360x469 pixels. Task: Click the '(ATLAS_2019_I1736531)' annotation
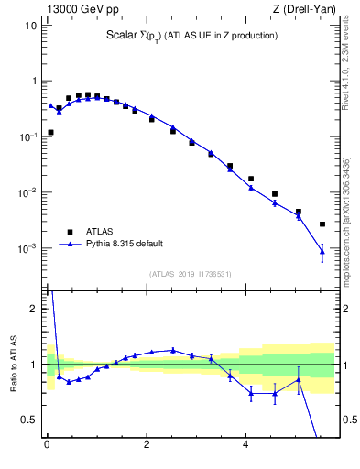[x=190, y=274]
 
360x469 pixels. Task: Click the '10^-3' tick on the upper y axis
[x=27, y=249]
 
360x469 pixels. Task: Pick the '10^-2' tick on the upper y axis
[x=27, y=193]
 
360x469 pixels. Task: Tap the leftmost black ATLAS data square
[x=50, y=132]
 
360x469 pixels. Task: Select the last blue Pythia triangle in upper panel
[x=322, y=251]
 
